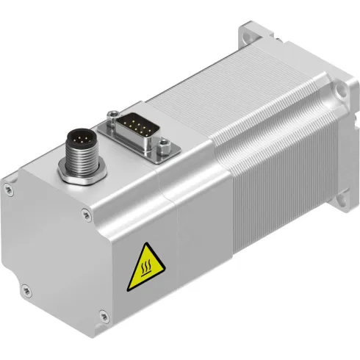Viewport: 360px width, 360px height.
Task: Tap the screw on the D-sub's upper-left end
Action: tap(112, 114)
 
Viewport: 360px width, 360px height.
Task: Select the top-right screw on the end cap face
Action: tap(87, 215)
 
